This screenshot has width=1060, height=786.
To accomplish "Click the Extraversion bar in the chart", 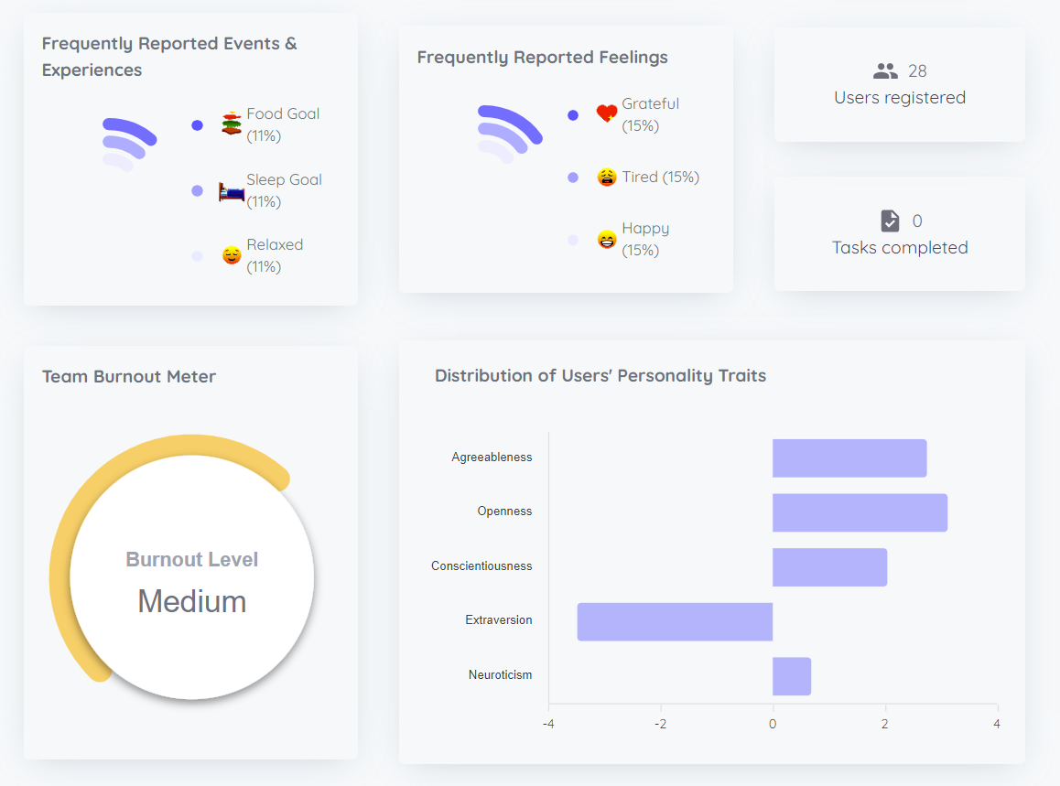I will (675, 621).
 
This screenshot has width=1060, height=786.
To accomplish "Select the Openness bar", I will (860, 512).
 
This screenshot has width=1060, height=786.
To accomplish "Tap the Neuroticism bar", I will (792, 676).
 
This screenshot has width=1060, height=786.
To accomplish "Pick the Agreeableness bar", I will (849, 458).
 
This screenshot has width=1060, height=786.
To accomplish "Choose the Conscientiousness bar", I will (829, 567).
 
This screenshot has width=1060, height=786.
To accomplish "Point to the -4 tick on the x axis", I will (548, 724).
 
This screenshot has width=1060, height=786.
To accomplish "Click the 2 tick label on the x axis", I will (885, 724).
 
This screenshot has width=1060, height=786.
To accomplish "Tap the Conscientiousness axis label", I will (481, 566).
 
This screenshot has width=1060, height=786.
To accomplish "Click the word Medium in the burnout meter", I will (192, 601).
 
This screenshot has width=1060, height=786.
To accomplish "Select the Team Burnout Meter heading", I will (129, 376).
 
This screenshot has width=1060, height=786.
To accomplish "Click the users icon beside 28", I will (886, 70).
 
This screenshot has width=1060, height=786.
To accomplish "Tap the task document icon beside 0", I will (890, 221).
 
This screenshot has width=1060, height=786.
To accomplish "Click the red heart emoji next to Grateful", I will (607, 114).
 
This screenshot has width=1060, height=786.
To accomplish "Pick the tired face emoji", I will (607, 178).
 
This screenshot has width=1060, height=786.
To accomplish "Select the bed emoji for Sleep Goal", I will (232, 191).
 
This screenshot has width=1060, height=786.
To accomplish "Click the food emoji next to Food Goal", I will (232, 123).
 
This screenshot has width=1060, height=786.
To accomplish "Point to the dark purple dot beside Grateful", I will (573, 115).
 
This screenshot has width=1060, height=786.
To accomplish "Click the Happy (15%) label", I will (645, 239).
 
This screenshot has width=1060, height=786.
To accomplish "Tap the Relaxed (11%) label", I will (275, 255).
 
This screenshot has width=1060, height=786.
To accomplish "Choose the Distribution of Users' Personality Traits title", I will (600, 375).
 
